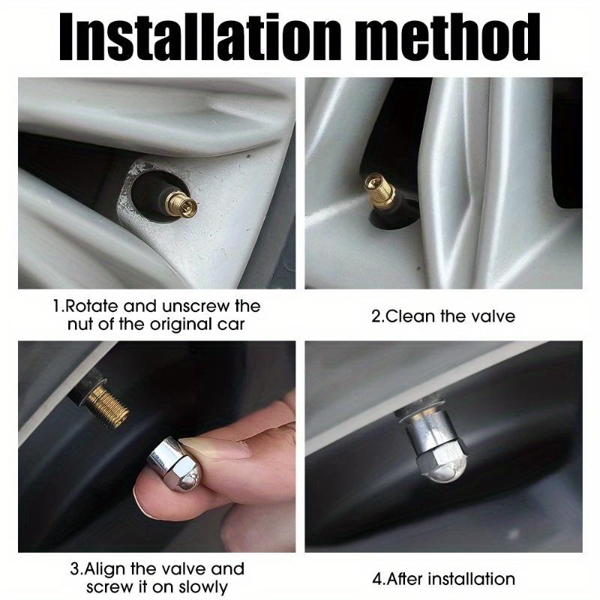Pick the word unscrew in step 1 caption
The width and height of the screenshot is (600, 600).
click(x=196, y=306)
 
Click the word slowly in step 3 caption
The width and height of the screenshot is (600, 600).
click(x=202, y=587)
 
